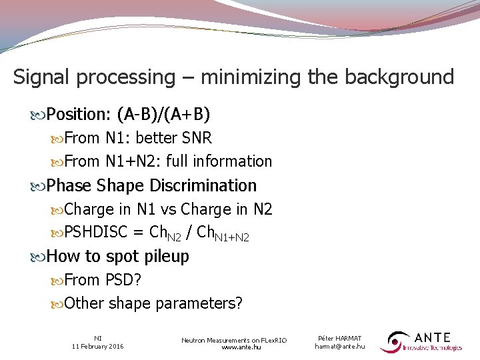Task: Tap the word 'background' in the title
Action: [399, 77]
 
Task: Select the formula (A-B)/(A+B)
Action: [163, 115]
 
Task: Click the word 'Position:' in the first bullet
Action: [79, 115]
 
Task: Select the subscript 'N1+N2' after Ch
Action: [234, 237]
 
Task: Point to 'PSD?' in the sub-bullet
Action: [123, 280]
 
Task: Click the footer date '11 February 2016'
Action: [98, 347]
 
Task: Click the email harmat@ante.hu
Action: [340, 347]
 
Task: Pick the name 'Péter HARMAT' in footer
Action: [340, 339]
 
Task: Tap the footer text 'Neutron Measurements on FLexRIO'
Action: [234, 340]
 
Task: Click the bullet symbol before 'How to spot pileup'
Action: [40, 257]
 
